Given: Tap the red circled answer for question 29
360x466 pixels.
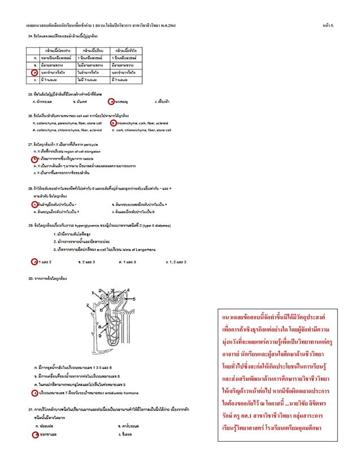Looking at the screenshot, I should pyautogui.click(x=36, y=262).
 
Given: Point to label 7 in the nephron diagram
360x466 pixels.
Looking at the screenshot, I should pyautogui.click(x=88, y=305).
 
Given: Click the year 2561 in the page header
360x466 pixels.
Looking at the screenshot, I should pyautogui.click(x=172, y=25).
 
